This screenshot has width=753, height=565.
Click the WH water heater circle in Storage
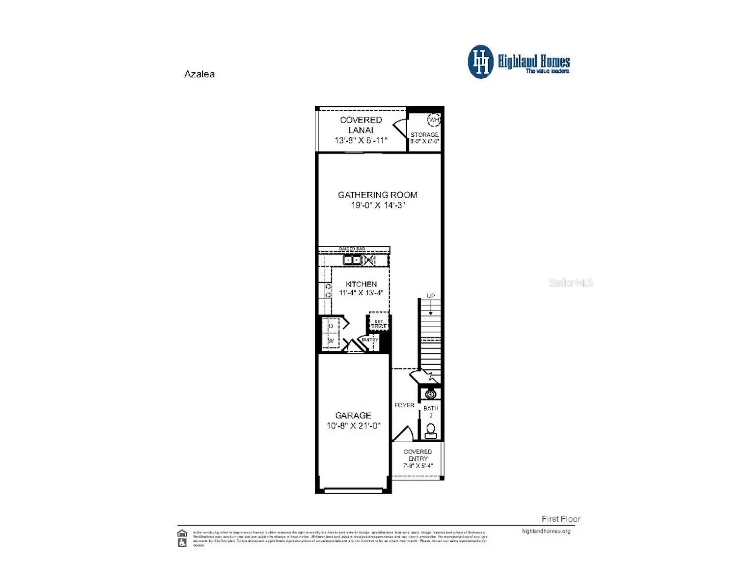tap(433, 119)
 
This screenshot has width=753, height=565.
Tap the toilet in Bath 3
tap(430, 431)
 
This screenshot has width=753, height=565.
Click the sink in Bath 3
tap(430, 394)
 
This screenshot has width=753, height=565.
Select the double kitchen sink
tap(352, 260)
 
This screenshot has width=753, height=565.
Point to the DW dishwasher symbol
tap(370, 260)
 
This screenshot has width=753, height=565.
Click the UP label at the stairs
tap(430, 296)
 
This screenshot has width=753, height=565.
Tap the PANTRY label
tap(370, 340)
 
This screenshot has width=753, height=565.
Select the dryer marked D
tap(331, 326)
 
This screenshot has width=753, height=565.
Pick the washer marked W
tap(331, 341)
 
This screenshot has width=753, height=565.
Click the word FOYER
tap(404, 405)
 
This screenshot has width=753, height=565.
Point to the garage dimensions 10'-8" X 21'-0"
tap(353, 426)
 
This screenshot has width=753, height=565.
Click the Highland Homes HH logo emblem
tap(480, 62)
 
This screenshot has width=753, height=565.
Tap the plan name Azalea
tap(199, 74)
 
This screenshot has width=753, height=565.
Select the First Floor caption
tap(561, 519)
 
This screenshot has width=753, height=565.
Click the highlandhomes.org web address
tap(546, 531)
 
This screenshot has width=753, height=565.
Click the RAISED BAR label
tap(352, 249)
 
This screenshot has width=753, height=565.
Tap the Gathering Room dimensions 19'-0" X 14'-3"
tap(377, 205)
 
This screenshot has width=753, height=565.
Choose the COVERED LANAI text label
tap(360, 125)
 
